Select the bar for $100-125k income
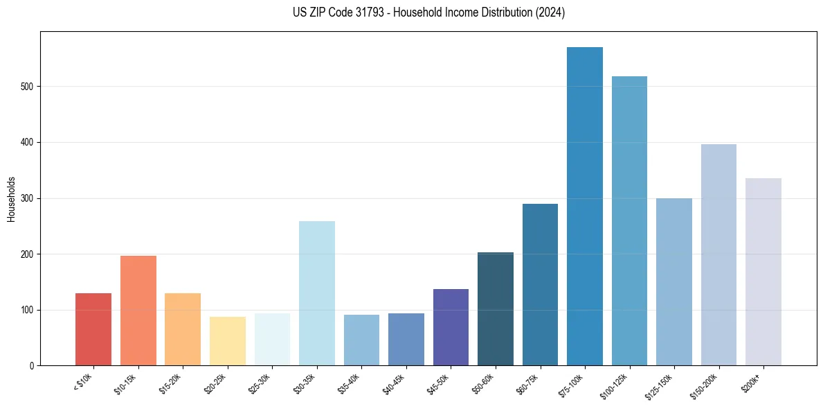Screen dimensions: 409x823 (629, 221)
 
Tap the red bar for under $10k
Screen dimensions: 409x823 (93, 329)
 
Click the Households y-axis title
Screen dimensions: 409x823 (11, 199)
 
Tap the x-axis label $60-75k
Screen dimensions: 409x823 (529, 383)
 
